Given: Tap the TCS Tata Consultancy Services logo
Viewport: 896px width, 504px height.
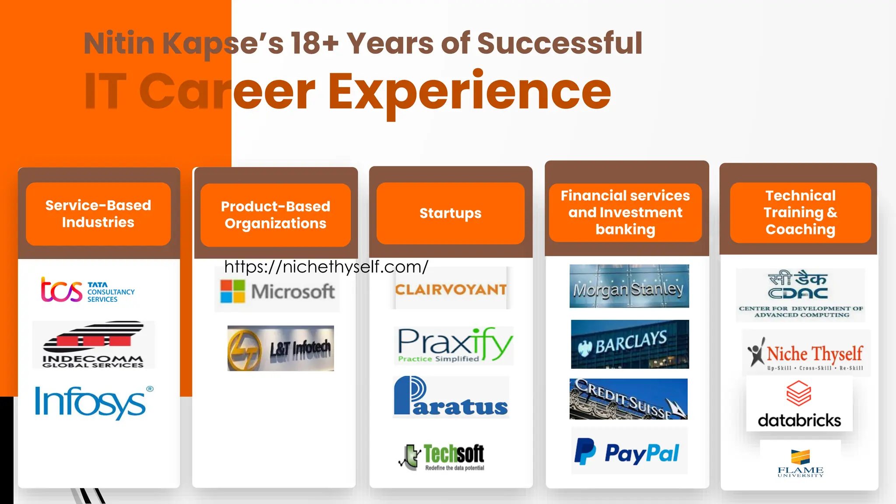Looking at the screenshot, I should tap(88, 290).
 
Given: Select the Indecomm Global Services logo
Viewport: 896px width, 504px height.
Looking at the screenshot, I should tap(93, 345).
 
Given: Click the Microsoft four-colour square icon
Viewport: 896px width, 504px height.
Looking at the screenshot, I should tap(232, 291).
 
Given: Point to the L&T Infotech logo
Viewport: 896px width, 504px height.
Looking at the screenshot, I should tap(280, 348).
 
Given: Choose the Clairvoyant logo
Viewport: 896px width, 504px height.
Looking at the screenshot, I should tap(451, 289).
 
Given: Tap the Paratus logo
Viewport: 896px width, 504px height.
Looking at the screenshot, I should tap(451, 397).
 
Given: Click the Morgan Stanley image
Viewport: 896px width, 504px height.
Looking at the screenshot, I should tap(629, 286).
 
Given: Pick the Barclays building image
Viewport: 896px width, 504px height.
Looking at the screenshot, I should tap(630, 344).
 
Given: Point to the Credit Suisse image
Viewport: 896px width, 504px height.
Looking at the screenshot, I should tap(628, 399).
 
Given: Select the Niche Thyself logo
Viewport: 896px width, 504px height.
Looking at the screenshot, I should tap(806, 353).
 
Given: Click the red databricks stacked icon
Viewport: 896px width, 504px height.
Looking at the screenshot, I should tap(799, 393).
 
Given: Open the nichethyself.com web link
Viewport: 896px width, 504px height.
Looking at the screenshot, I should tap(326, 267).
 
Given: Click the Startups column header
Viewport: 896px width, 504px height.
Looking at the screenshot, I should tap(450, 213).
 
